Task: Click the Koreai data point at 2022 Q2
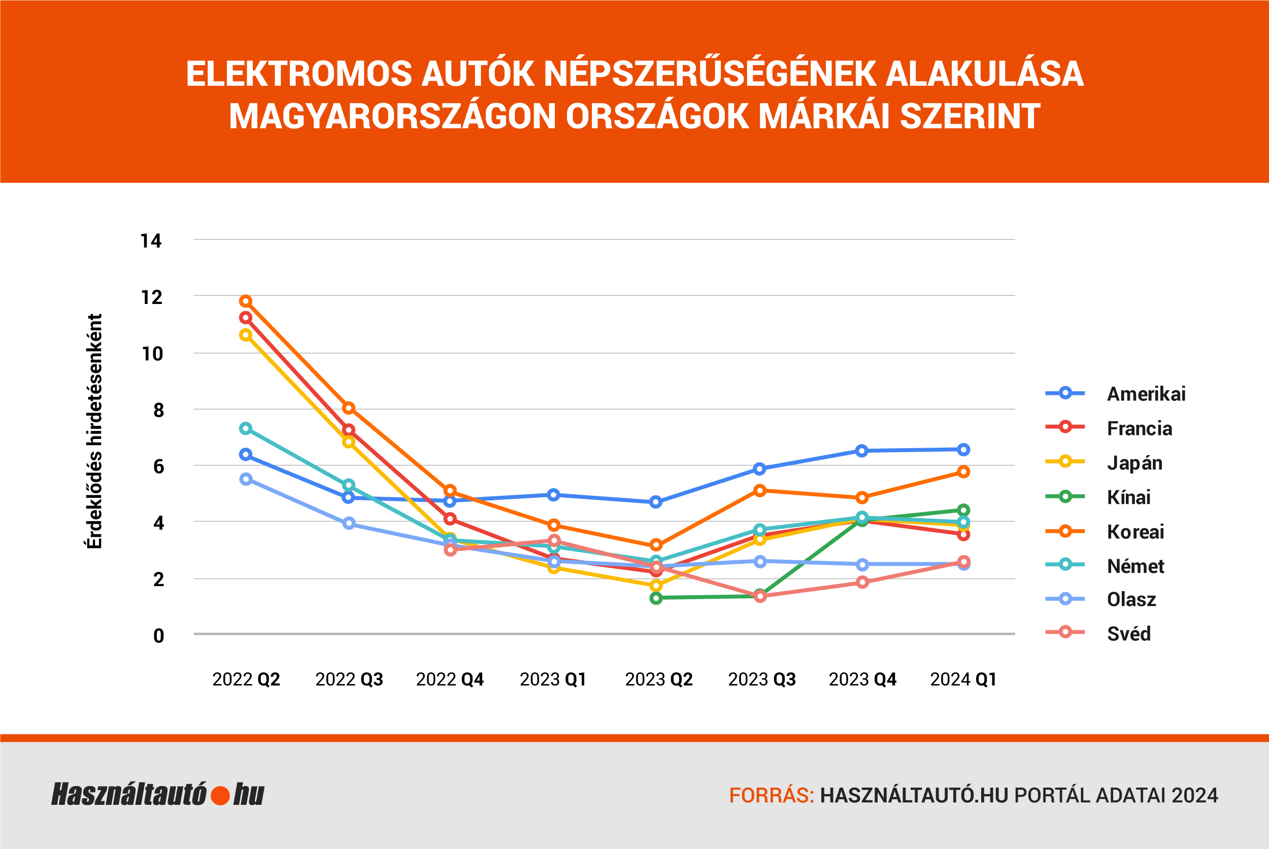coord(246,301)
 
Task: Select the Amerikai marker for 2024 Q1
coord(963,450)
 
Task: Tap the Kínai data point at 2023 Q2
coord(656,598)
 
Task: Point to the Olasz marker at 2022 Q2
coord(246,479)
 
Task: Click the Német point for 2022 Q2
coord(246,428)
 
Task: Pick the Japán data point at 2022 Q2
coord(246,335)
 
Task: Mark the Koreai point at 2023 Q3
coord(760,491)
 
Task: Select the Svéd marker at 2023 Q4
coord(862,582)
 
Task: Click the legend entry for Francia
coord(1139,428)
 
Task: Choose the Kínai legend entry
coord(1128,497)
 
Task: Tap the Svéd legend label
coord(1128,633)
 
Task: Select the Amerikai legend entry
coord(1146,394)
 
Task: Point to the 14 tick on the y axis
coord(151,241)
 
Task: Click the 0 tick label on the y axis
coord(158,636)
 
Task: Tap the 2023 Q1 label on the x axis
coord(553,679)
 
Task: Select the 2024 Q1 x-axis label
coord(963,679)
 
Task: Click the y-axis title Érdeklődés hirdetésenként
coord(94,431)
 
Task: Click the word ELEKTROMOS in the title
coord(299,74)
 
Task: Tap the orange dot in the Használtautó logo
coord(220,795)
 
